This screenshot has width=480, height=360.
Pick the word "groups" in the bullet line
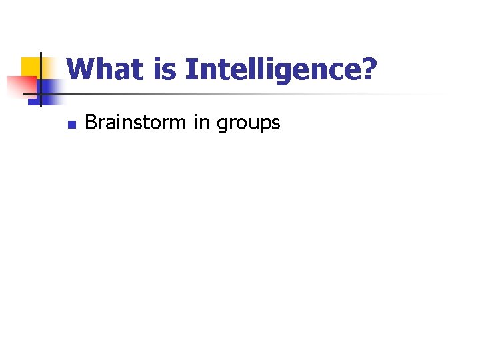point(248,125)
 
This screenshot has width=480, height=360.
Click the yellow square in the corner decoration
point(29,67)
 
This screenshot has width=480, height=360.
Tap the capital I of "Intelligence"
point(190,69)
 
